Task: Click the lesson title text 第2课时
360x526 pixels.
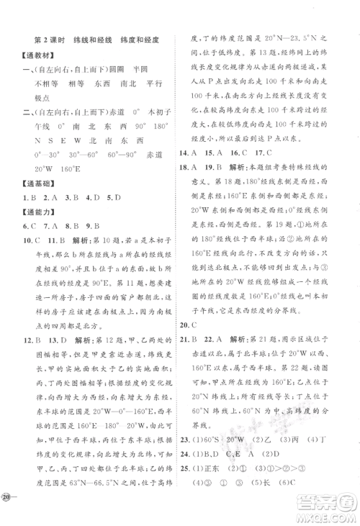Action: tap(52, 42)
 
